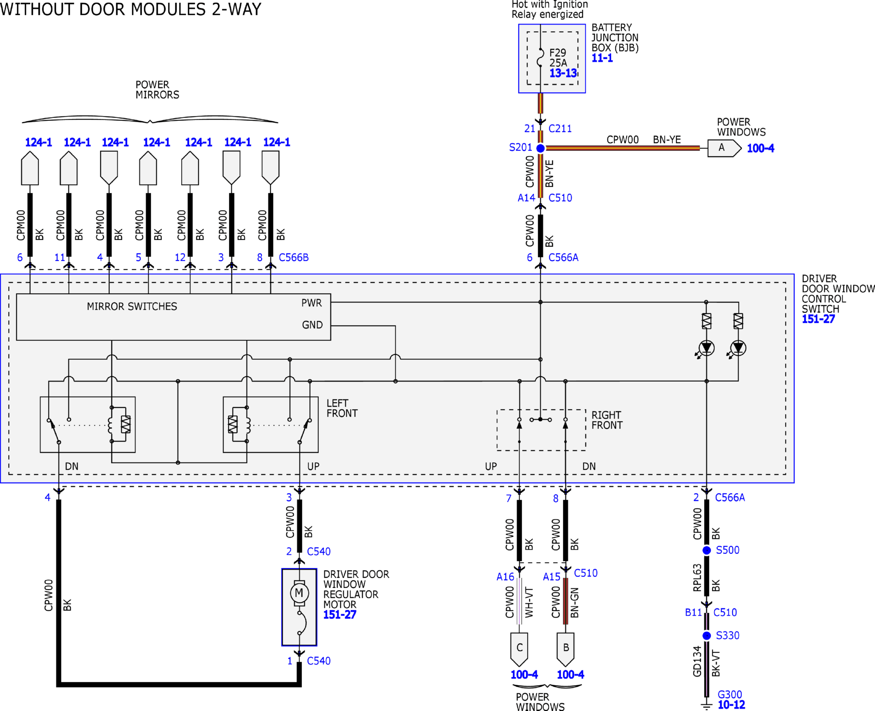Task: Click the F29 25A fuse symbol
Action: pyautogui.click(x=541, y=57)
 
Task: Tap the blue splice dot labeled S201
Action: pyautogui.click(x=541, y=148)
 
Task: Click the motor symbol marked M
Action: pyautogui.click(x=299, y=593)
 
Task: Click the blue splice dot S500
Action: pyautogui.click(x=707, y=550)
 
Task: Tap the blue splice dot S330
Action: pyautogui.click(x=707, y=636)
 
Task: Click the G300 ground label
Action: pyautogui.click(x=730, y=695)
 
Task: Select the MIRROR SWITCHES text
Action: pyautogui.click(x=132, y=306)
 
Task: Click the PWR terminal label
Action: pyautogui.click(x=311, y=303)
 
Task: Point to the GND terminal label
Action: pyautogui.click(x=312, y=325)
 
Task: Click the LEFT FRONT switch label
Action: pyautogui.click(x=342, y=408)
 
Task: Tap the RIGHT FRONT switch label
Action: pyautogui.click(x=607, y=420)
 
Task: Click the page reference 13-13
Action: pyautogui.click(x=563, y=73)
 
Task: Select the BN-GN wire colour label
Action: pyautogui.click(x=575, y=602)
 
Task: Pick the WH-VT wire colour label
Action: pyautogui.click(x=529, y=602)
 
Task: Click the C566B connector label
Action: pyautogui.click(x=294, y=257)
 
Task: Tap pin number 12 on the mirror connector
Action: pyautogui.click(x=180, y=257)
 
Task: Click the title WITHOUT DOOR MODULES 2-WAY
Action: pyautogui.click(x=131, y=9)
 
